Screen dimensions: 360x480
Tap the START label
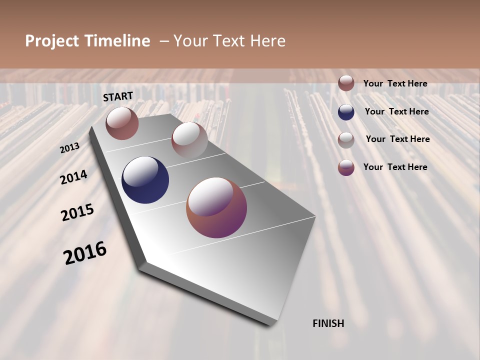pos(118,96)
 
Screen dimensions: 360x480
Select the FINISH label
pos(328,323)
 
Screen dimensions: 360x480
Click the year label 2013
pos(70,148)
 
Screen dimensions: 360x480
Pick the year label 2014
pos(74,177)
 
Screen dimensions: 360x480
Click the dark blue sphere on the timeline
pos(145,180)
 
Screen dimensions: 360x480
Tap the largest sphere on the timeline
pos(216,207)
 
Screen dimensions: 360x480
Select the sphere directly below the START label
pos(122,123)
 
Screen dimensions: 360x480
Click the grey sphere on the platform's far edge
pos(189,140)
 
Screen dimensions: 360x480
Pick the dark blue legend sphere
pos(346,112)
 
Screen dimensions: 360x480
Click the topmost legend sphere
pos(346,83)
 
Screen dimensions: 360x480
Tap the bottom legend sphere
pos(346,167)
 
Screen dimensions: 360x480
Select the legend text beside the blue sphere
pos(396,111)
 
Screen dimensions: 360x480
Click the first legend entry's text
pos(395,83)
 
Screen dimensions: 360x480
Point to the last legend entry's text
pos(395,167)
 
